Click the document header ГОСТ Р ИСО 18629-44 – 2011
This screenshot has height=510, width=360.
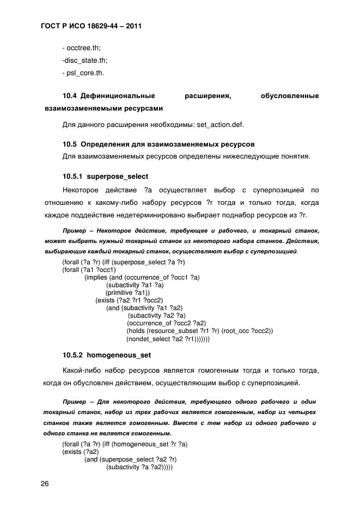(91, 26)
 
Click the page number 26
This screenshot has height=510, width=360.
(45, 483)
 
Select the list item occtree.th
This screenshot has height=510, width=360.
(81, 48)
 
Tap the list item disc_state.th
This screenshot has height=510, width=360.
(84, 60)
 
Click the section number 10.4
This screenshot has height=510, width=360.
(70, 96)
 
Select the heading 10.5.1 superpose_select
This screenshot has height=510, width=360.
(105, 177)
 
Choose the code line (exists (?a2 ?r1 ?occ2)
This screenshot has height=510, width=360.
(129, 300)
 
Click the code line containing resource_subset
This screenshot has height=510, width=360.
(199, 331)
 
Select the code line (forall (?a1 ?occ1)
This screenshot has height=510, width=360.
(89, 269)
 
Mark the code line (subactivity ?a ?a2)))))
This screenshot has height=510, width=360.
(139, 467)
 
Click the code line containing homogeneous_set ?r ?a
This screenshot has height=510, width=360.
(125, 444)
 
